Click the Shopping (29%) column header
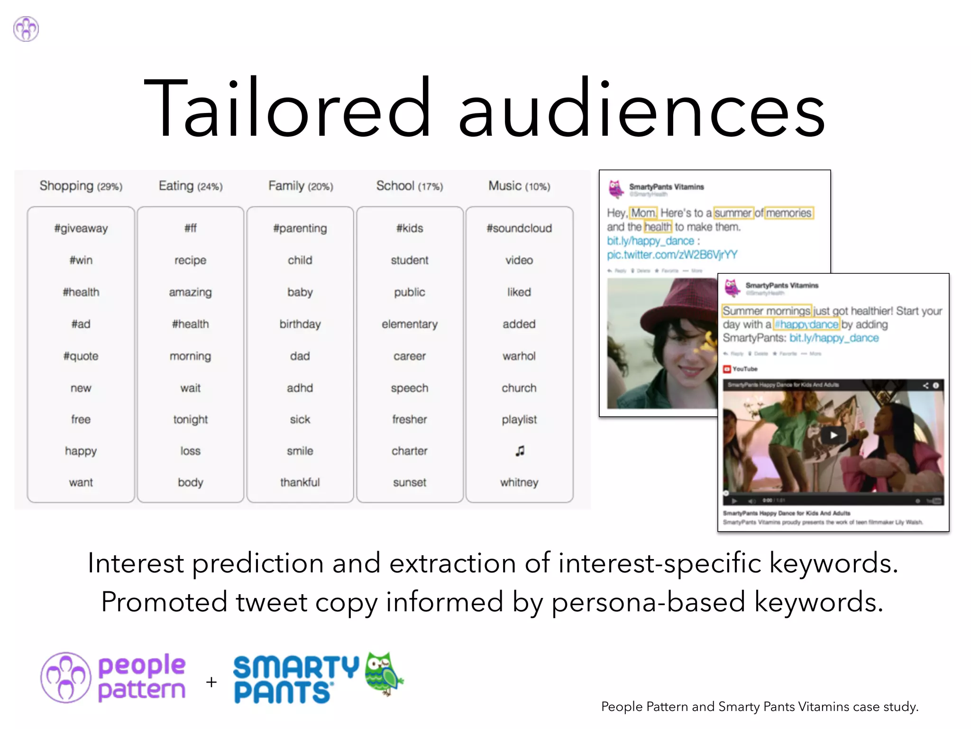coord(81,186)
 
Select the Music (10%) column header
coord(519,186)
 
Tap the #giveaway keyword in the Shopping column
coord(81,228)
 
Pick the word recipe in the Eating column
coord(190,260)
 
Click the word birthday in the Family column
coord(300,324)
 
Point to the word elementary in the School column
coord(410,324)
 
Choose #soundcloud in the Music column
coord(519,228)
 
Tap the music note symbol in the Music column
coord(520,451)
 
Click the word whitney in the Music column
coord(519,483)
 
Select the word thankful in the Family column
coord(300,483)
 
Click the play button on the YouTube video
coord(833,435)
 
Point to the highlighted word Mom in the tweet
coord(643,213)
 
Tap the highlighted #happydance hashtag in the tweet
coord(806,325)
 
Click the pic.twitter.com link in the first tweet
coord(672,255)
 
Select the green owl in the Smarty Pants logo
coord(383,673)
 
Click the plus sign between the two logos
coord(211,682)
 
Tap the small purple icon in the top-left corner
coord(26,29)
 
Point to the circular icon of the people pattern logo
coord(65,677)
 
